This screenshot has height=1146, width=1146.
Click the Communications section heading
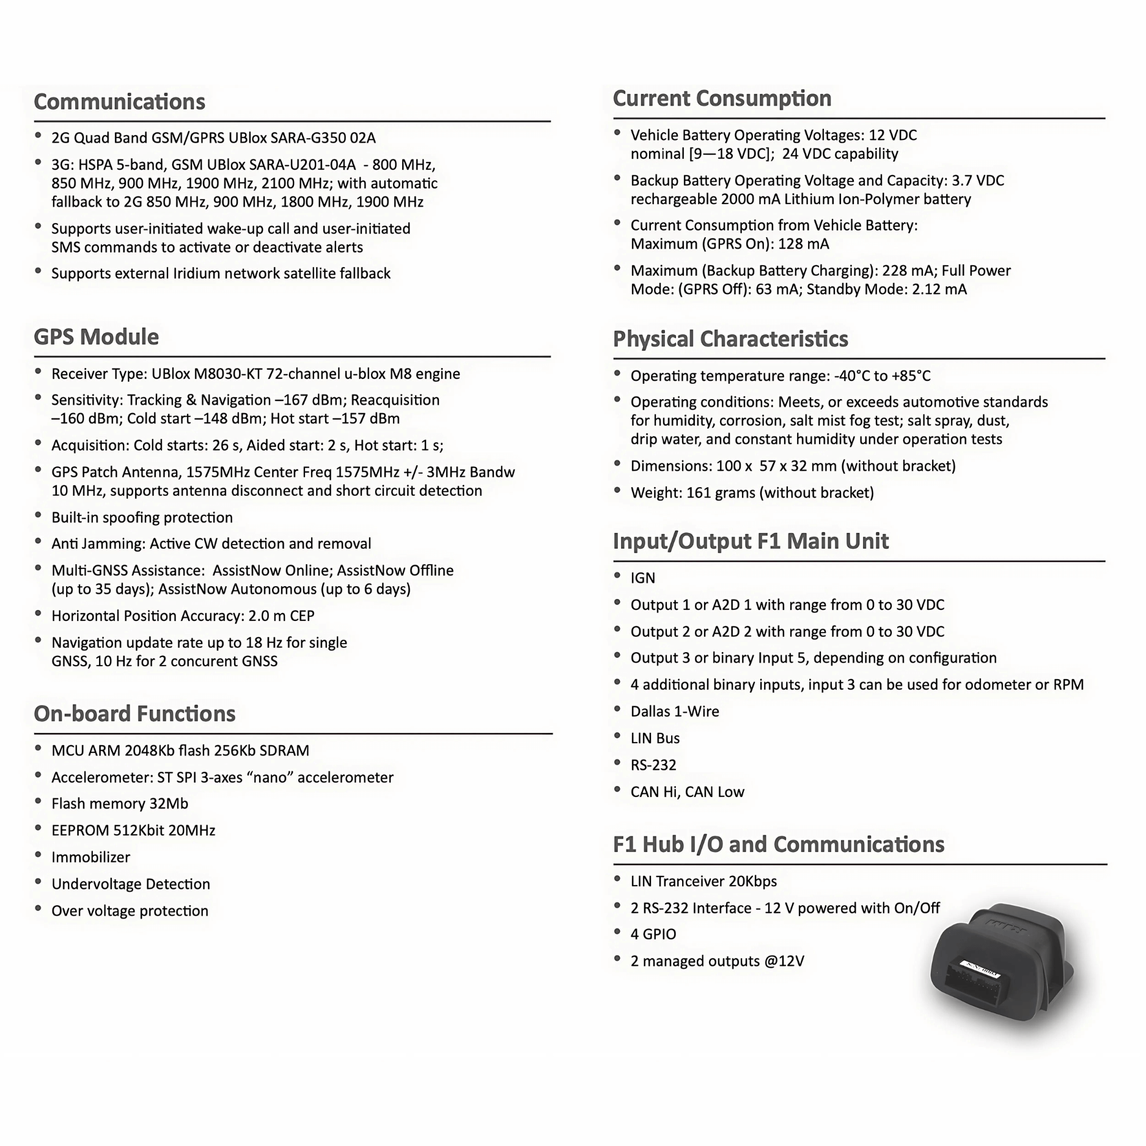click(119, 101)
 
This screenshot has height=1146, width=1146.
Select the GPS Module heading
click(96, 337)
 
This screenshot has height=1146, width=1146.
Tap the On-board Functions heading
click(134, 713)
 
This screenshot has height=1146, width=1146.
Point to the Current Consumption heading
click(722, 98)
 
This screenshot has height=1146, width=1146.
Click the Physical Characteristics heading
click(730, 339)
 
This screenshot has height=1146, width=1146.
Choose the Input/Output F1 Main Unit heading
click(751, 541)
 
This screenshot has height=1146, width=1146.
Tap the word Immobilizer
click(90, 857)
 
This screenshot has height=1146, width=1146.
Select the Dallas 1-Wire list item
click(675, 711)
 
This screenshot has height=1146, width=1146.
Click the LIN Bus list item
click(655, 738)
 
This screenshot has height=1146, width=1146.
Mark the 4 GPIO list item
click(653, 934)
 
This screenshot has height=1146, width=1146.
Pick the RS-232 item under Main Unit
click(653, 765)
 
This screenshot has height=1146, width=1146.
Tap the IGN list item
click(642, 578)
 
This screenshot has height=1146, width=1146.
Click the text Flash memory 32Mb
click(120, 803)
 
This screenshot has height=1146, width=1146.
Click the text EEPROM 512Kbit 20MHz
click(133, 830)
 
